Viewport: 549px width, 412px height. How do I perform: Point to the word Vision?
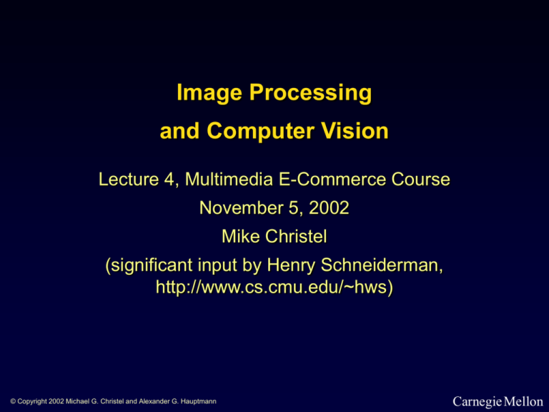pos(353,132)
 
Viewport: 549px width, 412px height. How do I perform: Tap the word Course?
pos(424,182)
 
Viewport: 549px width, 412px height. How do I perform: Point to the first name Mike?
pos(244,237)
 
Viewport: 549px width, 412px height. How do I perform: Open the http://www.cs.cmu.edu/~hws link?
pos(274,290)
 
